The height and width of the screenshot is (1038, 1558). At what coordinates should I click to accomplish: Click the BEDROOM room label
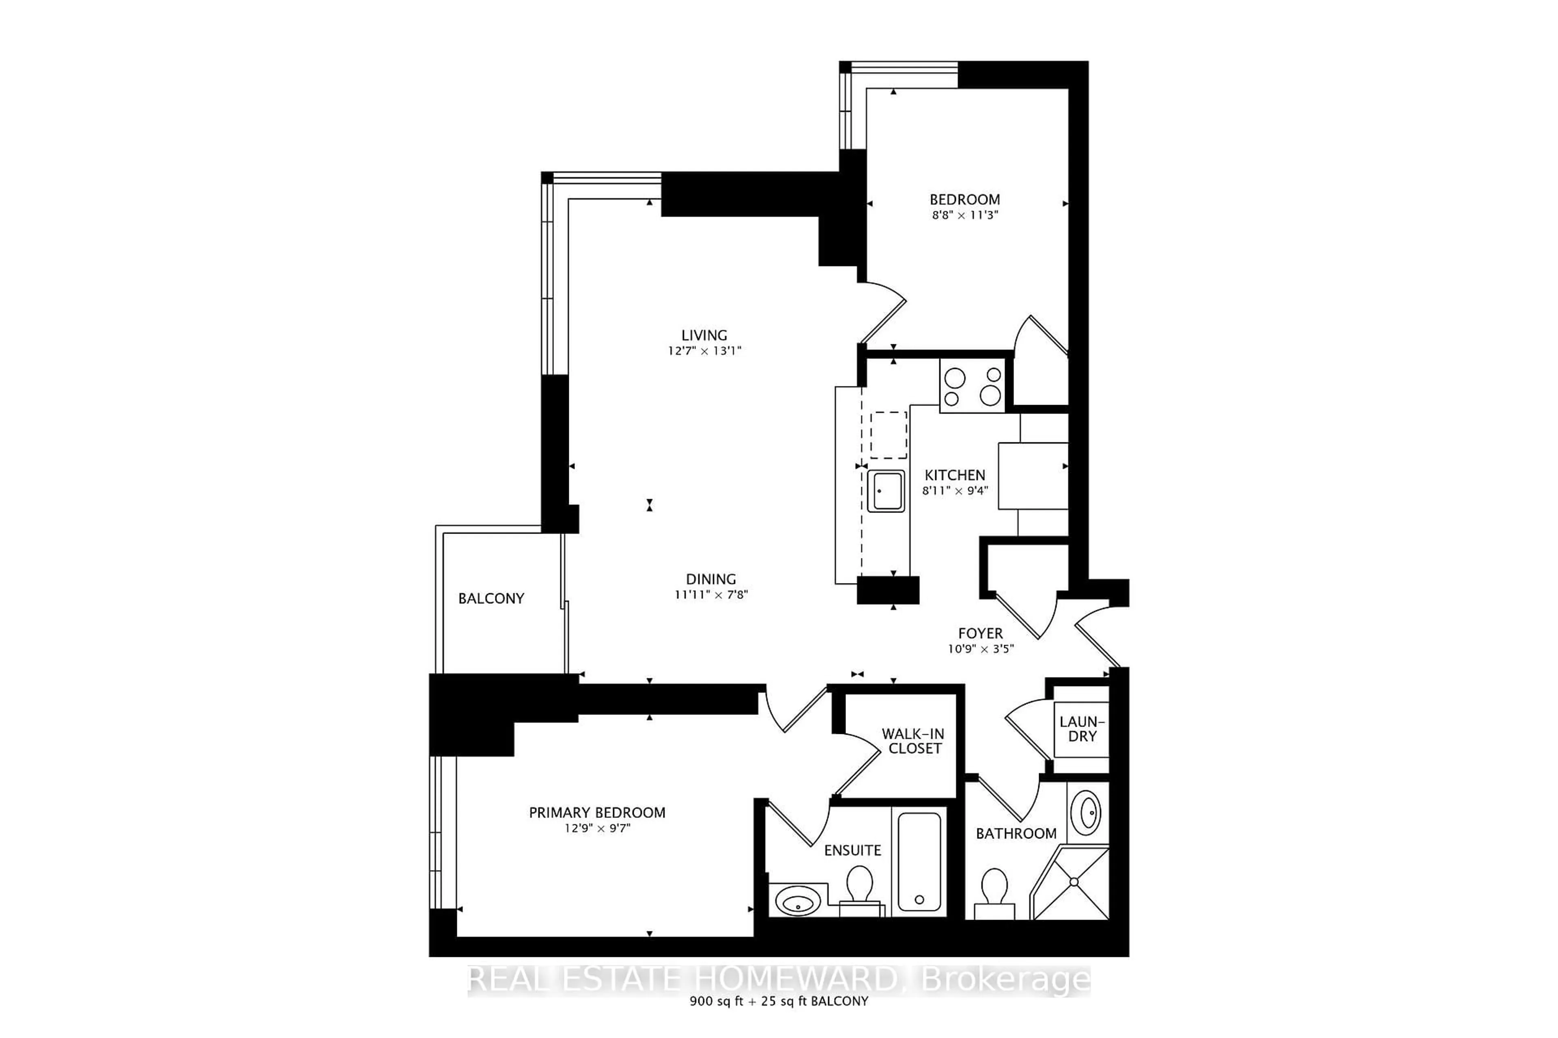pyautogui.click(x=964, y=199)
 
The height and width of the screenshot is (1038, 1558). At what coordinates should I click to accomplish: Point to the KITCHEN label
pyautogui.click(x=955, y=475)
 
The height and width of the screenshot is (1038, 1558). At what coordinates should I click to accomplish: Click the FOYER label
pyautogui.click(x=980, y=633)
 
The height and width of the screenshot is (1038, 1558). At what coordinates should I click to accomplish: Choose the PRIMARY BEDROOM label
pyautogui.click(x=597, y=812)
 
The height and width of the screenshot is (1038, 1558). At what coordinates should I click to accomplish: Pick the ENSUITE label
pyautogui.click(x=852, y=850)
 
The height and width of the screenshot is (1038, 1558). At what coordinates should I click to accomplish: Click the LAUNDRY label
pyautogui.click(x=1082, y=729)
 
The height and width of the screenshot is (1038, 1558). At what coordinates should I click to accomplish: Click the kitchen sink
pyautogui.click(x=886, y=491)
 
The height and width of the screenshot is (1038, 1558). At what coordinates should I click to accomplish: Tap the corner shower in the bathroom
pyautogui.click(x=1070, y=882)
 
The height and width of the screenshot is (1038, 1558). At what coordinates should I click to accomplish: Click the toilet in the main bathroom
pyautogui.click(x=994, y=893)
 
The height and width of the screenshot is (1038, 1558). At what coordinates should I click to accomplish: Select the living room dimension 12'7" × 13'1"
pyautogui.click(x=704, y=351)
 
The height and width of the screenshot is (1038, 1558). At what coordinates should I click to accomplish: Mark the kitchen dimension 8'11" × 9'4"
pyautogui.click(x=955, y=491)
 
